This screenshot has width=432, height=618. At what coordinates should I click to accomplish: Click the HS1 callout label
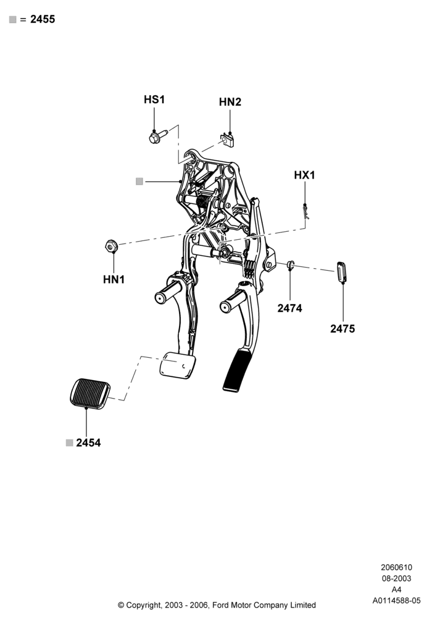pos(154,99)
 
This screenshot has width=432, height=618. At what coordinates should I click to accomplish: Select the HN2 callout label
pos(230,102)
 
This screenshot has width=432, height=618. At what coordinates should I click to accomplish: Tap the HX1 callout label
pos(304,175)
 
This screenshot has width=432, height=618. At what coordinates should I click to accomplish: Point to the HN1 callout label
pos(114,279)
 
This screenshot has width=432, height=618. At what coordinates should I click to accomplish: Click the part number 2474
pos(289,308)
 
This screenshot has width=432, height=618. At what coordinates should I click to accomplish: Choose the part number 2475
pos(343,329)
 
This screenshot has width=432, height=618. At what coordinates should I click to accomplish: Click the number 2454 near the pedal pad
pos(88,442)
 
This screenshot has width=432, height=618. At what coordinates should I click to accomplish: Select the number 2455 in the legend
pos(43,19)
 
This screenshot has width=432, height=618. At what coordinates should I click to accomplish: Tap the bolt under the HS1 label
pos(159,136)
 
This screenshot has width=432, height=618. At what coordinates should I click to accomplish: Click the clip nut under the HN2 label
pos(227,140)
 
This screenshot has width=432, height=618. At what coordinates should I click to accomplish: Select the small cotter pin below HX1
pos(305,211)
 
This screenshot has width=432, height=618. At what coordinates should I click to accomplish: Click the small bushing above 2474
pos(290,265)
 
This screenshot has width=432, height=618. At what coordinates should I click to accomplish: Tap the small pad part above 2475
pos(341,271)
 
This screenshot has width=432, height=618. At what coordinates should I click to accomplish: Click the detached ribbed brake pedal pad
pos(90,392)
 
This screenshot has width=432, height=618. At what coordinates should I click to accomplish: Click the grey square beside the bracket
pos(139,182)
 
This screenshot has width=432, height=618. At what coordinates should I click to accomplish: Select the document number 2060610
pos(396,567)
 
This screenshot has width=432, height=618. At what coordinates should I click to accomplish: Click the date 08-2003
pos(396,578)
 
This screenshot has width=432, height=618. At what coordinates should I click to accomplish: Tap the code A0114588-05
pos(396,601)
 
